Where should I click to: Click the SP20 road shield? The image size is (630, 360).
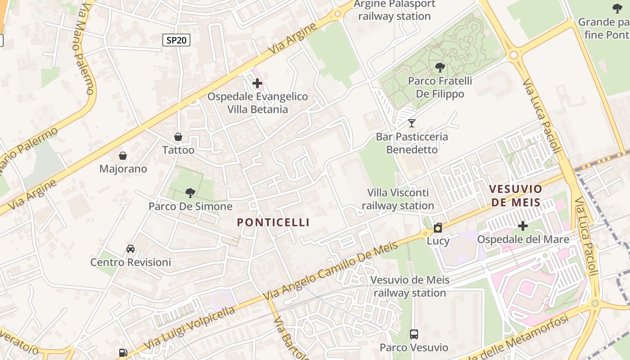pos(176,40)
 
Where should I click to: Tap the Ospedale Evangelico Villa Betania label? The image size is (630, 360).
pos(257,103)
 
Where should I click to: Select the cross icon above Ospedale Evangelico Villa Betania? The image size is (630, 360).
pos(257,83)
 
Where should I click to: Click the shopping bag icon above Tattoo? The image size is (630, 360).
pos(178,137)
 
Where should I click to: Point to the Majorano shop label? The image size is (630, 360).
pos(123,169)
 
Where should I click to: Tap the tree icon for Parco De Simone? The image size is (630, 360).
pos(190,193)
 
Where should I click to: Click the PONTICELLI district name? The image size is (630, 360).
pos(273,222)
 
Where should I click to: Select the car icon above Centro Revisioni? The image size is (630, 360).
pos(130,249)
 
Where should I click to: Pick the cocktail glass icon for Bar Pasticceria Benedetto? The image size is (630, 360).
pos(412,123)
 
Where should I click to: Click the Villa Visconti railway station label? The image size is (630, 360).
pos(398,199)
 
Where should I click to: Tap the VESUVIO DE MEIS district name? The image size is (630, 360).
pos(516,195)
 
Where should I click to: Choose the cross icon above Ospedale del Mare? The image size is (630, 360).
pos(523,225)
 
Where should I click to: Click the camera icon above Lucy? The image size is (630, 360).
pos(438,228)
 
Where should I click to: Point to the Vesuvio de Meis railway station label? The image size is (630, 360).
pos(409,286)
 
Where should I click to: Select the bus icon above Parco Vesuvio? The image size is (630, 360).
pos(414,334)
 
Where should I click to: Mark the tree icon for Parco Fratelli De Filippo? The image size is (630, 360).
pos(440,67)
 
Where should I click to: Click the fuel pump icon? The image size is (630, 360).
pos(123,353)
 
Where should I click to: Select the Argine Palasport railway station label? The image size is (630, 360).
pos(395,10)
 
